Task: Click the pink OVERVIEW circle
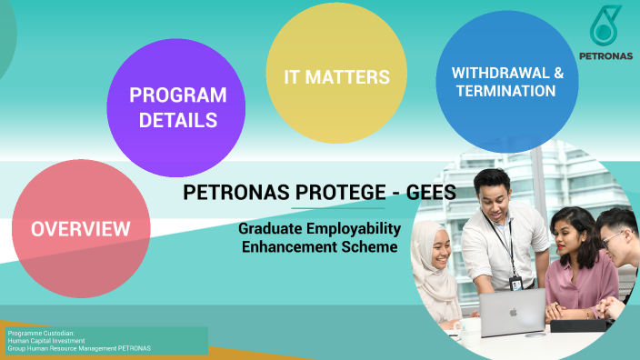pyautogui.click(x=80, y=227)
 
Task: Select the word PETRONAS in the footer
pyautogui.click(x=133, y=349)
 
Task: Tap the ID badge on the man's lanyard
pyautogui.click(x=515, y=283)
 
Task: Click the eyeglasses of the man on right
pyautogui.click(x=612, y=237)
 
